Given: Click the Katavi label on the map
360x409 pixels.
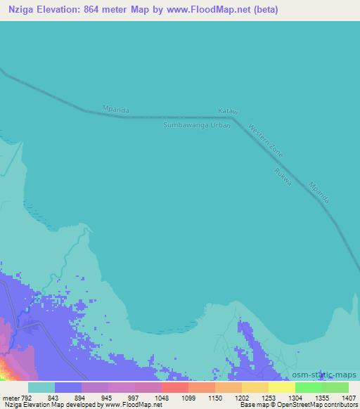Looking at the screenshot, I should (224, 111).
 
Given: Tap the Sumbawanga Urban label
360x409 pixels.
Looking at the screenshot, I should (197, 124).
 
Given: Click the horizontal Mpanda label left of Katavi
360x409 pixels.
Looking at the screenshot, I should (116, 110).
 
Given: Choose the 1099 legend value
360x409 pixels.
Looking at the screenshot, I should (188, 398).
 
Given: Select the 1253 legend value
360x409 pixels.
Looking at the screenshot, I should (268, 398).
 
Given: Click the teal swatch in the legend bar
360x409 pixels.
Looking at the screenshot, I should (41, 387).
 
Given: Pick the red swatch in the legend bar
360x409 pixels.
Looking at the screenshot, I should (174, 387).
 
